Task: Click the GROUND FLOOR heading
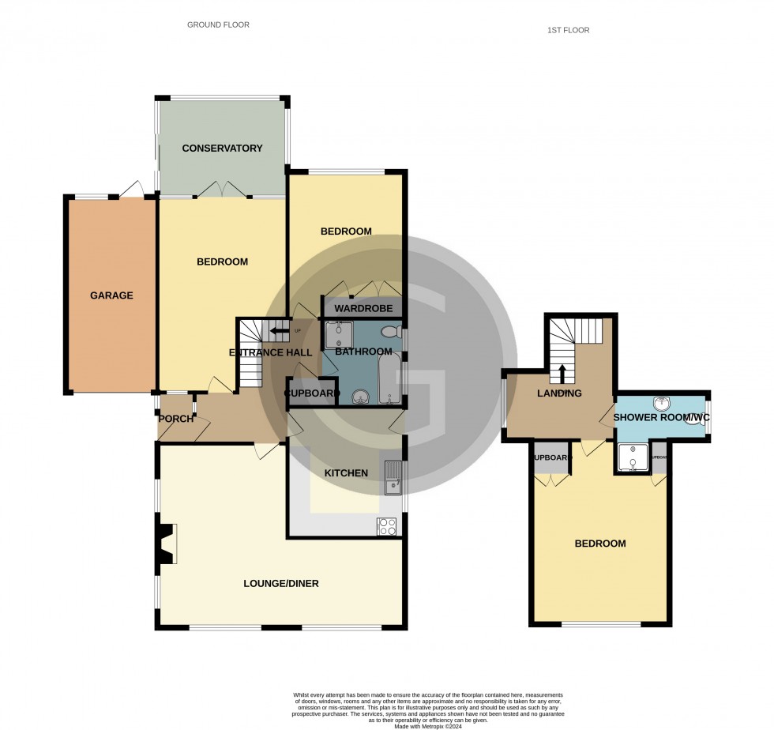point(218,25)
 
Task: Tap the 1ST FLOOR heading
point(568,31)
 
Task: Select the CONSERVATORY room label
point(222,149)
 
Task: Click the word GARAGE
point(111,296)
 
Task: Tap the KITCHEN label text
point(347,473)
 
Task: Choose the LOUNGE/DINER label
point(280,584)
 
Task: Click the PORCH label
point(176,419)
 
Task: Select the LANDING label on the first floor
point(559,393)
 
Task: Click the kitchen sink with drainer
point(393,476)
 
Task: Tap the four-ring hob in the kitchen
point(388,526)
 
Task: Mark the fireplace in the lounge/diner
point(165,545)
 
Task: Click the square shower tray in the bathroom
point(336,333)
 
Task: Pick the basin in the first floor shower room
point(662,405)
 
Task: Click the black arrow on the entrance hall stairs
point(279,330)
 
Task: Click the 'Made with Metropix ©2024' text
point(386,726)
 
